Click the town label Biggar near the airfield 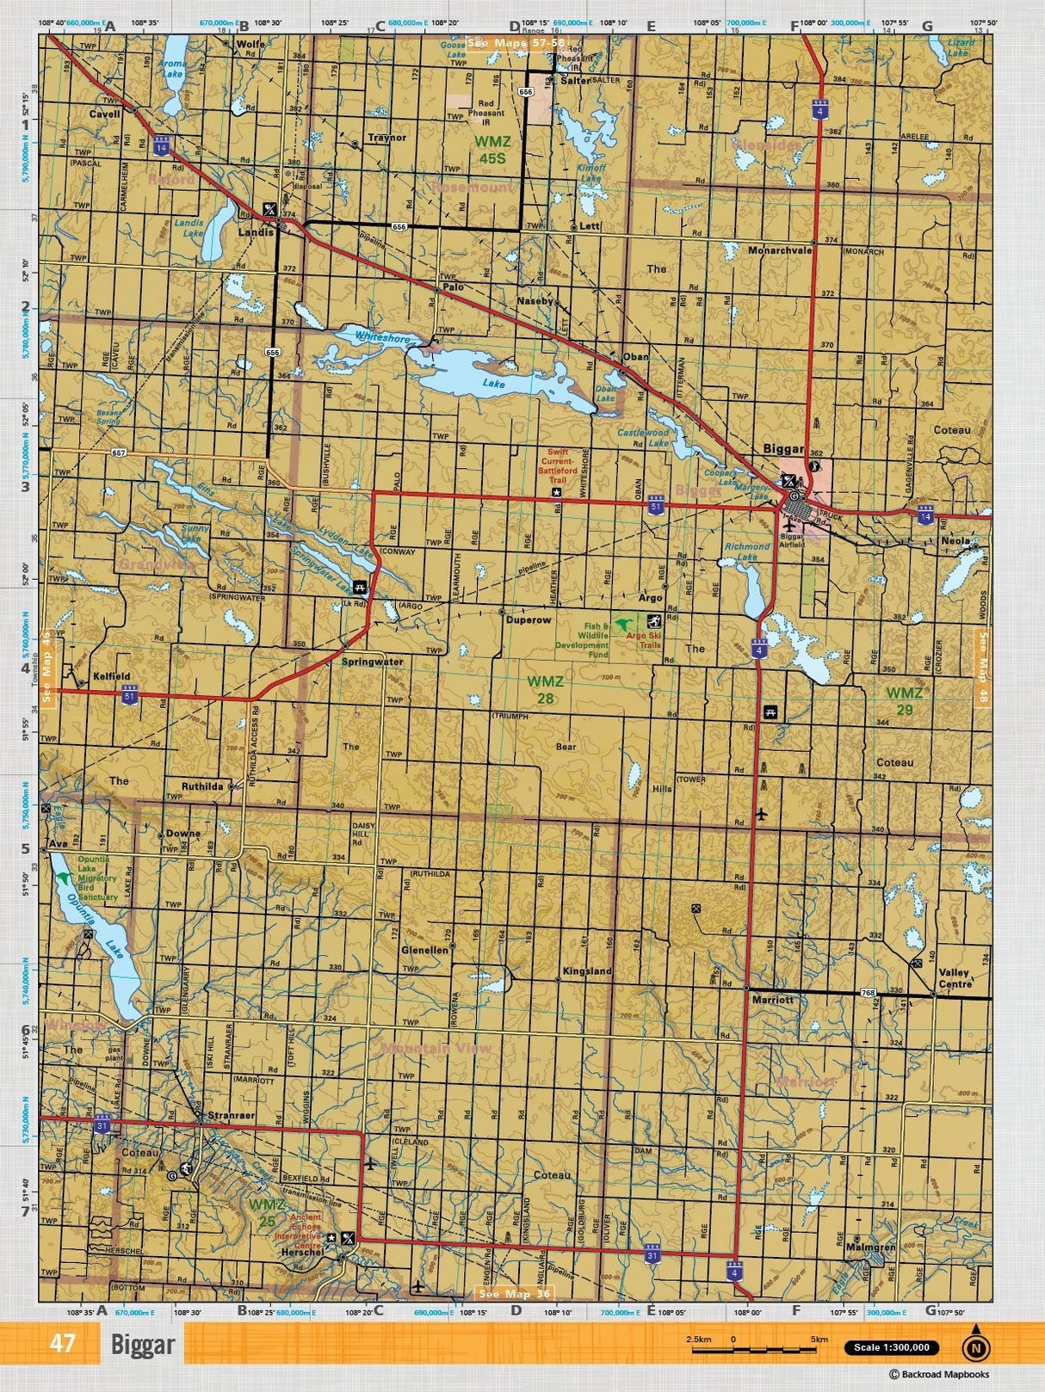pyautogui.click(x=782, y=449)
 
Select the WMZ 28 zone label pyautogui.click(x=545, y=689)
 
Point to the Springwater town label pyautogui.click(x=372, y=662)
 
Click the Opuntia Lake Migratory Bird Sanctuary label pyautogui.click(x=96, y=878)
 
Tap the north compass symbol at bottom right pyautogui.click(x=974, y=1348)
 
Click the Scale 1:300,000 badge pyautogui.click(x=892, y=1347)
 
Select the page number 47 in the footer pyautogui.click(x=63, y=1343)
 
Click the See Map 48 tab pyautogui.click(x=981, y=668)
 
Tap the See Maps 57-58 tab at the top pyautogui.click(x=516, y=42)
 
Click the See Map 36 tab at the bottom pyautogui.click(x=514, y=1293)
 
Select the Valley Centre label pyautogui.click(x=954, y=978)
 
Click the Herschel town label pyautogui.click(x=301, y=1253)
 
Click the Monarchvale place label pyautogui.click(x=780, y=250)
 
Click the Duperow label pyautogui.click(x=528, y=619)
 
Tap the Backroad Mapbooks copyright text pyautogui.click(x=938, y=1375)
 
